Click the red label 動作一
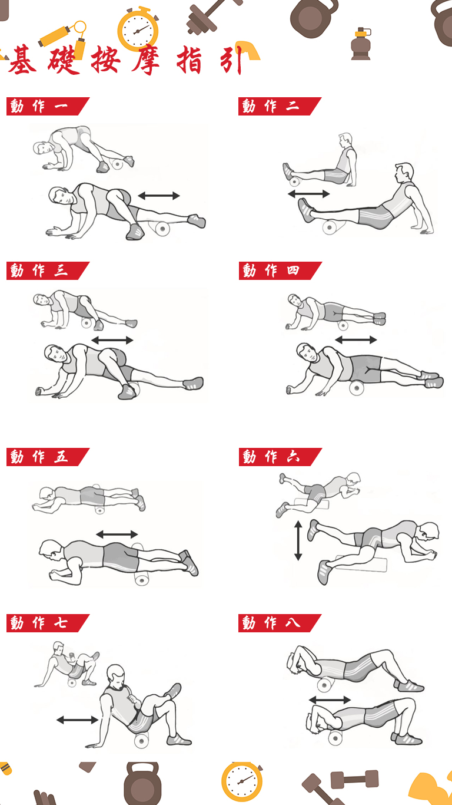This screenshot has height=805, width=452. click(48, 107)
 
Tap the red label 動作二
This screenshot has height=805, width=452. click(280, 107)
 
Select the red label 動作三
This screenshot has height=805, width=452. click(48, 270)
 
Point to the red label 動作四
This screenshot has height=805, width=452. click(280, 270)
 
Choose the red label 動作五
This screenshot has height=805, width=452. click(48, 457)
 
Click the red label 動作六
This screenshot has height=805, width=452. click(280, 457)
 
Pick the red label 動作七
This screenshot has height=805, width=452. click(48, 623)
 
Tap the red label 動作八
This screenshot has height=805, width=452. click(280, 623)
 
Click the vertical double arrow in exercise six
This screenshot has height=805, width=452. click(298, 540)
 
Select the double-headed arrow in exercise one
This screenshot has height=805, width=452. click(159, 196)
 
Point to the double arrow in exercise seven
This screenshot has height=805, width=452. click(77, 720)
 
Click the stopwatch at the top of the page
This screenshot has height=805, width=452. click(138, 29)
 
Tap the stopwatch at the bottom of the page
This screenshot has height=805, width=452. click(242, 781)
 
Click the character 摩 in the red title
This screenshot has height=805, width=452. click(146, 60)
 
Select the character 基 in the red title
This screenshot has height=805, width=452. click(22, 60)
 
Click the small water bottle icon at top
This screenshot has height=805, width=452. click(361, 44)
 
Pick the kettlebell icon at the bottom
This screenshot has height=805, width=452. click(142, 783)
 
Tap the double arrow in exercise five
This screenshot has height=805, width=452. click(117, 535)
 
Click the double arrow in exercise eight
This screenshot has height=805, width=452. click(330, 700)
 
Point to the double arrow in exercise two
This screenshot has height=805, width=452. click(309, 194)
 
